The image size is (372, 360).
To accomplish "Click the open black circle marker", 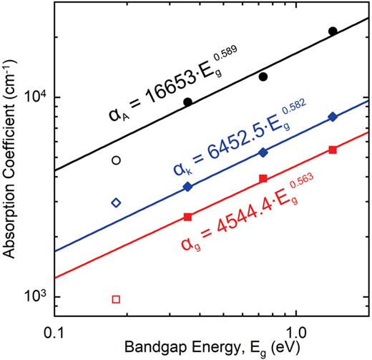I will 116,160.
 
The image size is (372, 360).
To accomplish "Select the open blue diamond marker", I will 116,203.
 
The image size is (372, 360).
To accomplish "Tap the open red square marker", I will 116,298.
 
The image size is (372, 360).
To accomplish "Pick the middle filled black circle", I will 263,77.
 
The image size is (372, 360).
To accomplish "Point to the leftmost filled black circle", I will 188,102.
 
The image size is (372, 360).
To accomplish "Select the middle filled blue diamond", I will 263,152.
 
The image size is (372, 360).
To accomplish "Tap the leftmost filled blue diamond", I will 188,187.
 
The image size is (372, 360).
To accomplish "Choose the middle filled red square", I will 263,178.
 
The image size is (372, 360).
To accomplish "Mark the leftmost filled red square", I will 188,216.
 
